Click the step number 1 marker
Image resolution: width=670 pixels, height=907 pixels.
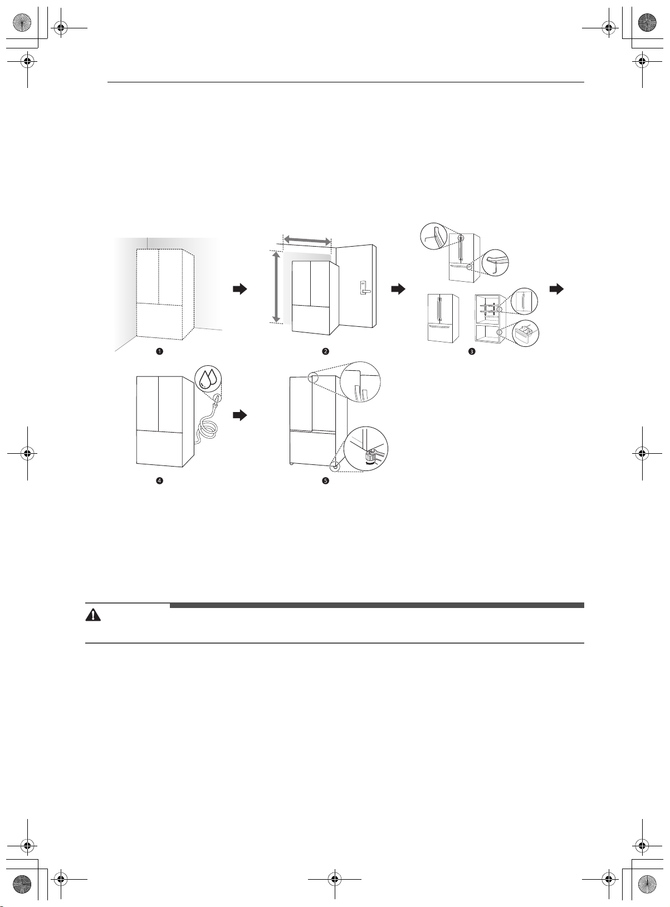159,351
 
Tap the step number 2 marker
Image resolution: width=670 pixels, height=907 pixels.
326,351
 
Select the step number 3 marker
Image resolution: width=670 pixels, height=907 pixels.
472,351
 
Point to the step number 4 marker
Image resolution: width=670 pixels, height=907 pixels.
159,481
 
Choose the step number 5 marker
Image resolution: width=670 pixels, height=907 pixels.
326,481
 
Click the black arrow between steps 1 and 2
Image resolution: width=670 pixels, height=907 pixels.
240,289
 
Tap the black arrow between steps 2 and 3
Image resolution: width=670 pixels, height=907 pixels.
398,289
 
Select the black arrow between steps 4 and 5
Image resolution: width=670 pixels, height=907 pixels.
240,415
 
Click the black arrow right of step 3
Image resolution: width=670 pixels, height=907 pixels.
556,289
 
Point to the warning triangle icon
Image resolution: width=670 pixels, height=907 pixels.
93,615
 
